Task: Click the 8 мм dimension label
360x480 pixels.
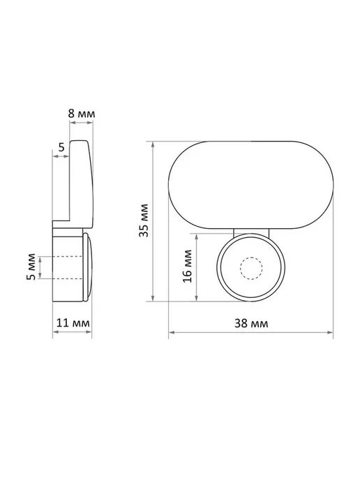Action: [82, 114]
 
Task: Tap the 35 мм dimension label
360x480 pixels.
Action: [144, 220]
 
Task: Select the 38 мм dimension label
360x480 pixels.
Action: [251, 323]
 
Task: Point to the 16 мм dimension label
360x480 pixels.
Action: [188, 267]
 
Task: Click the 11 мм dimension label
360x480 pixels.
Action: [73, 323]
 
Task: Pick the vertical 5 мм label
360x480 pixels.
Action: [31, 267]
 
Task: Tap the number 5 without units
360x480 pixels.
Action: [61, 147]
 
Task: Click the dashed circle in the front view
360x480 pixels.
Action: [251, 268]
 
